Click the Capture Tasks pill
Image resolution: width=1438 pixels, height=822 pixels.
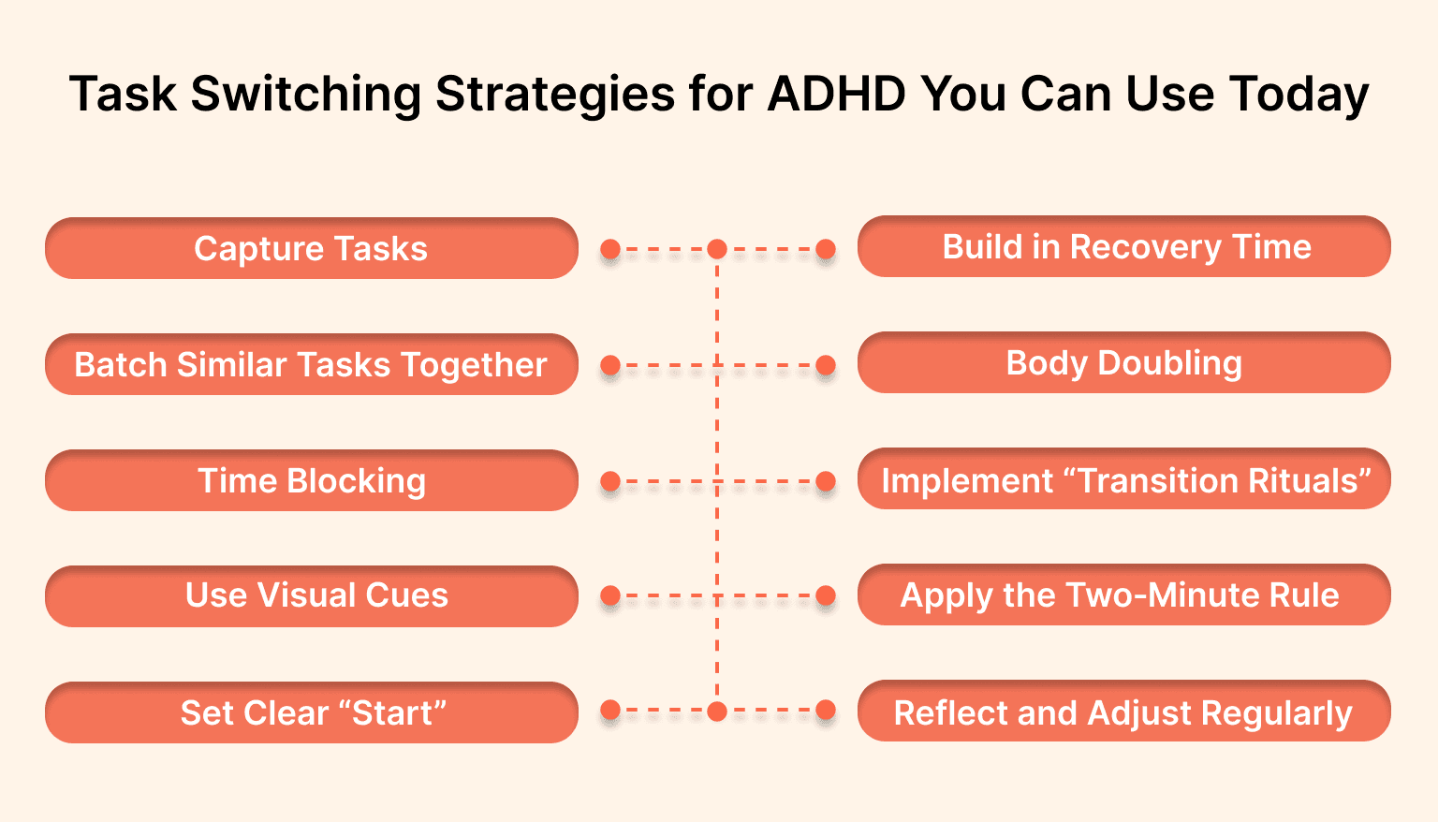(x=311, y=249)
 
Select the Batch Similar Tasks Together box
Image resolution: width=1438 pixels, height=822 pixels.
(x=311, y=365)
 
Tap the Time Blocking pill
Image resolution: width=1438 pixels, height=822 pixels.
(x=311, y=481)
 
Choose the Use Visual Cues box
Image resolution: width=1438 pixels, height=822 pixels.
(x=311, y=596)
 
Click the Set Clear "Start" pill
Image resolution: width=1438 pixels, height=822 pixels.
(x=311, y=712)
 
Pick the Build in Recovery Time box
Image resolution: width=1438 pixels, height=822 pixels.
(x=1123, y=247)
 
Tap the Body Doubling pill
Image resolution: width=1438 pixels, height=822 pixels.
(x=1123, y=363)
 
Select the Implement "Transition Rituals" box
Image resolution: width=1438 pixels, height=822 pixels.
(x=1123, y=479)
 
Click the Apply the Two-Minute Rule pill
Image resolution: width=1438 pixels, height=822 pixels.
(x=1123, y=595)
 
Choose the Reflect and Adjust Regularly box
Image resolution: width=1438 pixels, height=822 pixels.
(x=1123, y=712)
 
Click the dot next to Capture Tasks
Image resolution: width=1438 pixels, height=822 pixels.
(x=610, y=249)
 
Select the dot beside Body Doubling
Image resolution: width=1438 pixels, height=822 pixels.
(x=825, y=365)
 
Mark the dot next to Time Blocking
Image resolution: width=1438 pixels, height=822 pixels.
(x=610, y=481)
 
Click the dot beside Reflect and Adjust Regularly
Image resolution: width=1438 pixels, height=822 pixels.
(x=825, y=711)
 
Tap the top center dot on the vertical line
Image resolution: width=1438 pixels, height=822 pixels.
(x=717, y=249)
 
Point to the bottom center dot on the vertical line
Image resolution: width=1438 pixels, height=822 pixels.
(x=717, y=712)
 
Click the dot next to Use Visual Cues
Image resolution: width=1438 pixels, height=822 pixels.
(x=610, y=595)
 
